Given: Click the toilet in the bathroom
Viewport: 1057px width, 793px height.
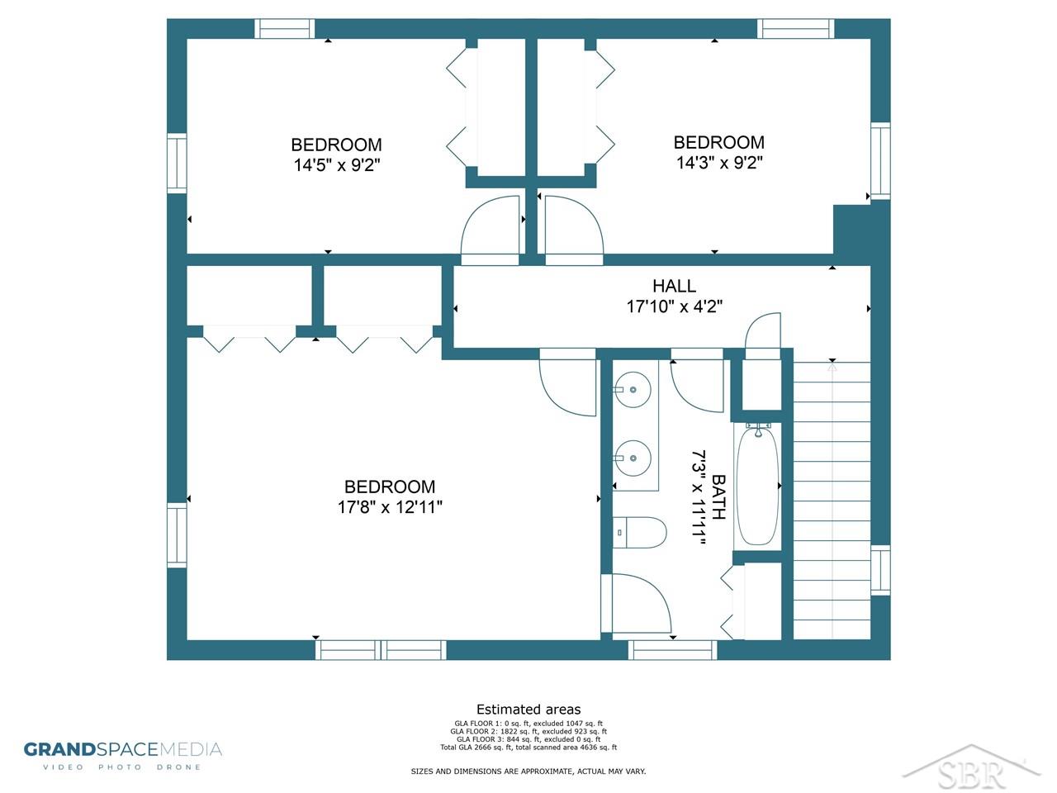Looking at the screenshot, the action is [x=639, y=532].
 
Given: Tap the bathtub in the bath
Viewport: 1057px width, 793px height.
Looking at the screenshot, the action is [x=757, y=486].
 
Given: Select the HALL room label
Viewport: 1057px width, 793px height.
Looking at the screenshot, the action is [x=674, y=286].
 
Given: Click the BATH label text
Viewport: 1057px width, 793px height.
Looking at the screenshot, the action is [x=718, y=497].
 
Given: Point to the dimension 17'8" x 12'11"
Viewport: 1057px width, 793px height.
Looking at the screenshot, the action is [x=390, y=507].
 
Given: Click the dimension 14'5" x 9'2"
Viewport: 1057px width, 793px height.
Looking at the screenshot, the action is [x=337, y=165].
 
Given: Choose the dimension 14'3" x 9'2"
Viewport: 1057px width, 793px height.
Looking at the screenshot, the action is [x=719, y=163].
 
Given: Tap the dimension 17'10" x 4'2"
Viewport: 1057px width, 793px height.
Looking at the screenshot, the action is [x=674, y=306].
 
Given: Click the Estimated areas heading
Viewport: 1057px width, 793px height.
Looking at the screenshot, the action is [x=528, y=710].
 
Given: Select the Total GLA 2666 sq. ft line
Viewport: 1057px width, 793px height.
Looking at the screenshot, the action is [x=528, y=748].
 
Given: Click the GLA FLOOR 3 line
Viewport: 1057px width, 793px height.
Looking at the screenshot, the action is [x=528, y=739].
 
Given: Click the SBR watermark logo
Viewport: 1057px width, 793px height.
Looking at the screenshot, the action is [x=971, y=768].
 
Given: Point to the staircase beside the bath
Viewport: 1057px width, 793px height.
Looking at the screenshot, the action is [x=832, y=501].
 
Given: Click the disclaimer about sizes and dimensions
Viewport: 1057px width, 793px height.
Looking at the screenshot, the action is [x=528, y=772].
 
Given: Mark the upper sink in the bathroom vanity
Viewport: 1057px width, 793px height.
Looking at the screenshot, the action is [x=633, y=390].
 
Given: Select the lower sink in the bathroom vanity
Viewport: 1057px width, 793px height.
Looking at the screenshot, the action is [x=633, y=458].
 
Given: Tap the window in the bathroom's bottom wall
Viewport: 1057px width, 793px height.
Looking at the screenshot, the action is [x=672, y=650].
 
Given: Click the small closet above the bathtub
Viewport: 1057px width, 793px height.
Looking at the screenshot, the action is [x=761, y=385].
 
